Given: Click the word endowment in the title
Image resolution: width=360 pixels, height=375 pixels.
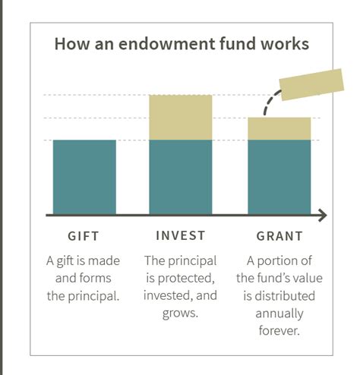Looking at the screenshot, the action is tap(167, 43).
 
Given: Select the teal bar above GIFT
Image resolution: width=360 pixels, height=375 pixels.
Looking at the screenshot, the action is tap(84, 177).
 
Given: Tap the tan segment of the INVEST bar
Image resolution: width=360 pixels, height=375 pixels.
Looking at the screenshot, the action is tap(181, 118).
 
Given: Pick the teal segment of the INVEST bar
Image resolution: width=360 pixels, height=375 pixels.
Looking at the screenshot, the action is tap(181, 177).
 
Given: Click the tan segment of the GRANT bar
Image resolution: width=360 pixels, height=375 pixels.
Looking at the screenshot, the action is tap(279, 129).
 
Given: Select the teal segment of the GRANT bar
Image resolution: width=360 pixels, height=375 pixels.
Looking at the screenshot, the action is tap(279, 177).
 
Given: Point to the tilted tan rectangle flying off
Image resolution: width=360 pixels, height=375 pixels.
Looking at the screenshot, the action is tap(311, 84).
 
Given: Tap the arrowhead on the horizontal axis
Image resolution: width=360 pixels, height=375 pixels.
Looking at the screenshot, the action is tap(323, 216).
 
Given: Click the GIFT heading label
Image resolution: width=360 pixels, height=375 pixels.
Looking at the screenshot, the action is tap(84, 236).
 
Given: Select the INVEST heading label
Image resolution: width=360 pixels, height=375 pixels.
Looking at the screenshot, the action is tap(181, 235).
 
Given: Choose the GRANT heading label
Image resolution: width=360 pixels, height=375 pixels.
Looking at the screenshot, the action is tap(279, 236).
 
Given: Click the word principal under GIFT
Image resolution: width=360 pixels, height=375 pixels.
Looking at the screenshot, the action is tap(93, 296).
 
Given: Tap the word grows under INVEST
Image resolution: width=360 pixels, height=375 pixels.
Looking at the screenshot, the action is tap(180, 314).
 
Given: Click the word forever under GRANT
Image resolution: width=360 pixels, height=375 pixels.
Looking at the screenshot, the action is tap(279, 330).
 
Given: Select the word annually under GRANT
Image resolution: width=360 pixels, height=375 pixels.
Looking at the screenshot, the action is tap(279, 314).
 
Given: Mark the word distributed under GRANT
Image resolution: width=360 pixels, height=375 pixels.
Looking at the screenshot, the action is tap(285, 296).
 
